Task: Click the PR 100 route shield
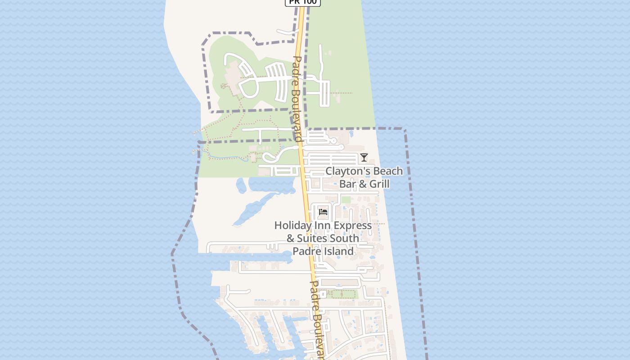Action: [x=303, y=2]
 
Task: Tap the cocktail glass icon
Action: [x=364, y=157]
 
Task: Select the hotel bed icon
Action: [x=323, y=212]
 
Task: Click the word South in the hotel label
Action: [x=347, y=238]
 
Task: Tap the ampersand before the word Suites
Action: [x=290, y=238]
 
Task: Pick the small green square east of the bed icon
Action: [x=346, y=200]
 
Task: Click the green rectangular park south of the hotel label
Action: [x=342, y=294]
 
